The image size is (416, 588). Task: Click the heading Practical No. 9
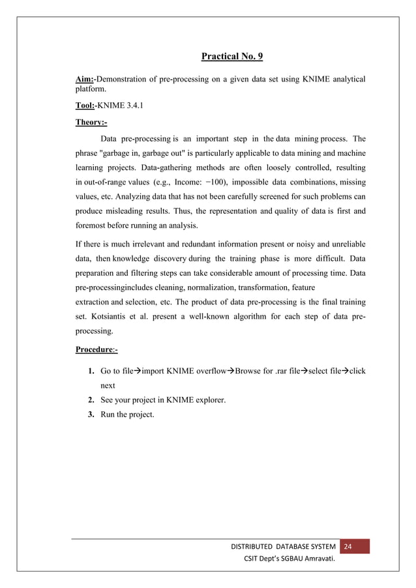pos(231,57)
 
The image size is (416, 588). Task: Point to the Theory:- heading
pos(91,121)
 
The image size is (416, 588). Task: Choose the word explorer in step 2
pos(208,400)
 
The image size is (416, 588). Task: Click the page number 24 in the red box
pos(348,546)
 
